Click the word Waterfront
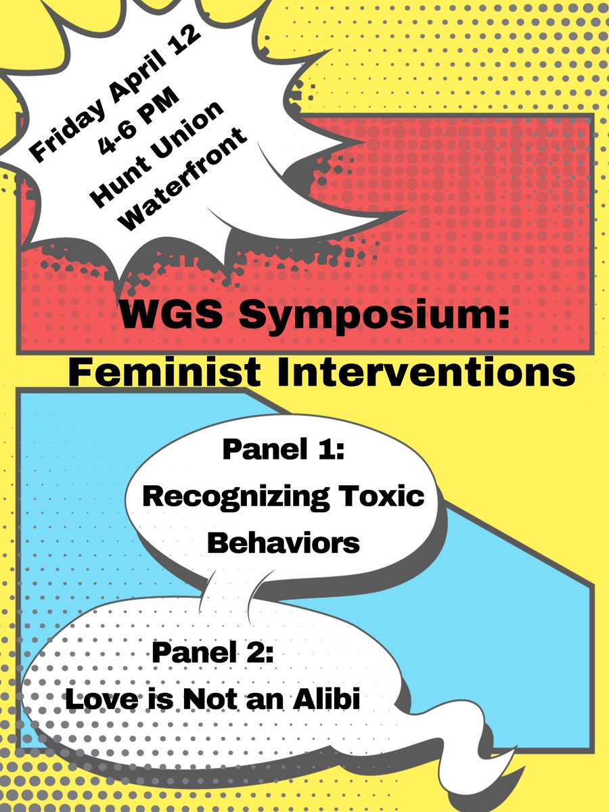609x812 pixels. (182, 179)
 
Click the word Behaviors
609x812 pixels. (284, 543)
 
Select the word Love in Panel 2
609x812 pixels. (95, 699)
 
